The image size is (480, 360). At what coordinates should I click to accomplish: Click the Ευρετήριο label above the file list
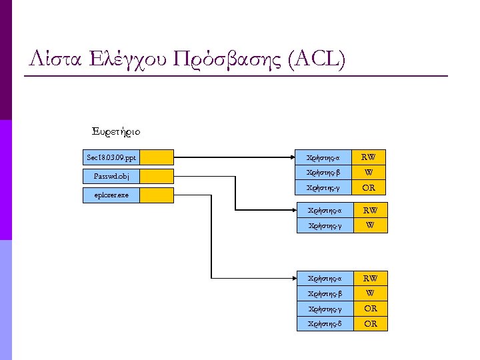[x=115, y=131]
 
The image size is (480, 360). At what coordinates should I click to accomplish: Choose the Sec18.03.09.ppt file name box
[x=111, y=158]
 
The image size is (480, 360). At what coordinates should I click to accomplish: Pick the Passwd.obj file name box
[x=111, y=177]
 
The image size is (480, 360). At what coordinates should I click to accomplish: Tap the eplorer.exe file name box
[x=111, y=195]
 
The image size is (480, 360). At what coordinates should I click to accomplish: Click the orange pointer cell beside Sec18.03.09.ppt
[x=157, y=158]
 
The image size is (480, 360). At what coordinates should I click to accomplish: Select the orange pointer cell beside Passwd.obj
[x=157, y=177]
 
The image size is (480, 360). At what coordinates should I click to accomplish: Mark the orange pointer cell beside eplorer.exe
[x=157, y=195]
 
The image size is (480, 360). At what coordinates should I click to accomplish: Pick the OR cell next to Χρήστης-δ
[x=370, y=324]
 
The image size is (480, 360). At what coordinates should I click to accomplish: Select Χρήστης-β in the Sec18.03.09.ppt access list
[x=323, y=173]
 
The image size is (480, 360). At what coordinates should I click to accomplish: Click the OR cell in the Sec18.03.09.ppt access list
[x=368, y=188]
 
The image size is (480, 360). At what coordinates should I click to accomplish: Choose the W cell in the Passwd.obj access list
[x=370, y=226]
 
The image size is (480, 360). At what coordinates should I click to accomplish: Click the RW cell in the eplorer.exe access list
[x=370, y=278]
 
